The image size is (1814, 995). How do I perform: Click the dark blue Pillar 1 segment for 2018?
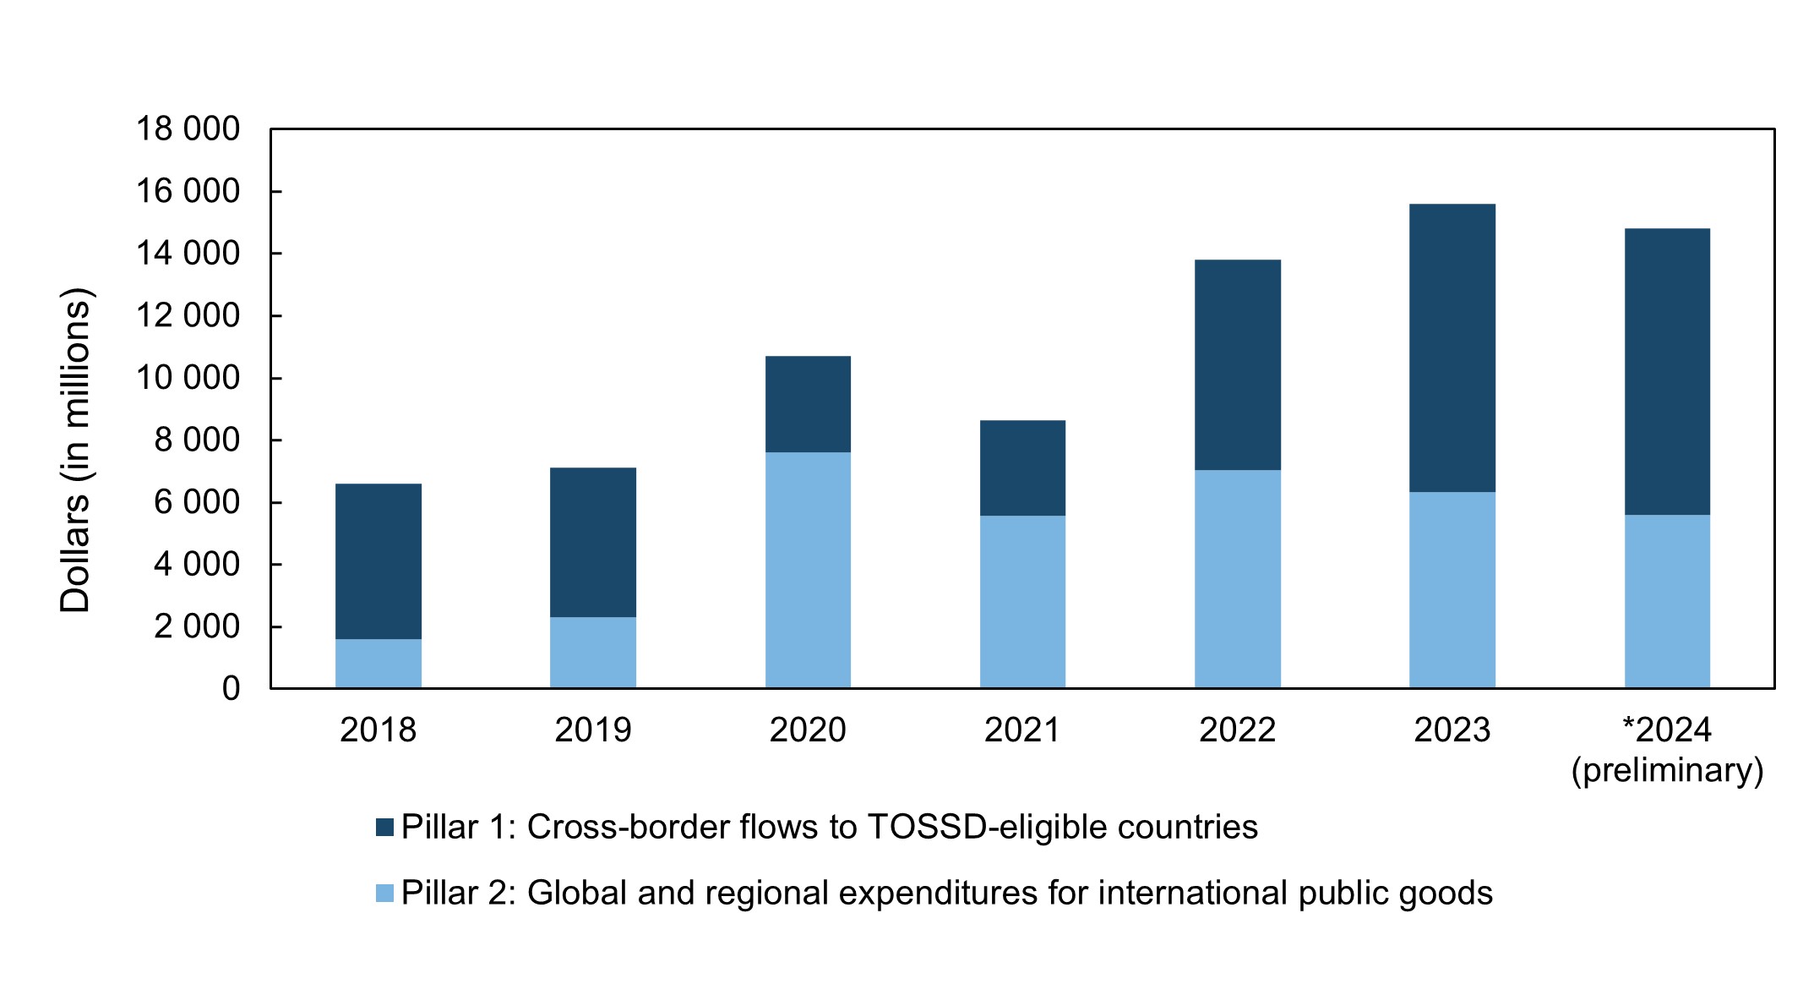click(x=379, y=561)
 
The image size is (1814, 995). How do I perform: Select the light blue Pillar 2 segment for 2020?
click(x=808, y=570)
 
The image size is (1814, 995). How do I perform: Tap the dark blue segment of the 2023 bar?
click(x=1452, y=348)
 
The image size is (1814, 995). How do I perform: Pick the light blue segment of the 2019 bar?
click(x=593, y=653)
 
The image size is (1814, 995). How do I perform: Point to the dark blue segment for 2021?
click(x=1022, y=468)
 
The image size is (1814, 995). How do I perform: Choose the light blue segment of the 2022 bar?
click(x=1238, y=579)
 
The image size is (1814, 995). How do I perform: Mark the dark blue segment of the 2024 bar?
click(x=1667, y=372)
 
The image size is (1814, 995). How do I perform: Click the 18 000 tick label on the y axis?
click(x=188, y=128)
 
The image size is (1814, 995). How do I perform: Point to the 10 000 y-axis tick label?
click(x=188, y=377)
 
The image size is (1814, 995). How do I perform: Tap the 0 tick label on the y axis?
click(x=232, y=688)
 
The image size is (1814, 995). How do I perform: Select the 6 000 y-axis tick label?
click(x=197, y=502)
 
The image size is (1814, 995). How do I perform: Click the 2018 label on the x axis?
click(x=379, y=730)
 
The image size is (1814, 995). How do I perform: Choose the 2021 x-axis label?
click(x=1022, y=730)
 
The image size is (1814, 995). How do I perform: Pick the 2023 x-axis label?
click(x=1452, y=730)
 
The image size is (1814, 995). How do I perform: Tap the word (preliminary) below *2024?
click(x=1667, y=770)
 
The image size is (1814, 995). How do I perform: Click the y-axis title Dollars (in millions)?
click(x=76, y=451)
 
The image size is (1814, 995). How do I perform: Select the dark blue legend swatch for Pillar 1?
click(x=384, y=827)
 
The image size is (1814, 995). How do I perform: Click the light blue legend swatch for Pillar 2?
click(x=384, y=893)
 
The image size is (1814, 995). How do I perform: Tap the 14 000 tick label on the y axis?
click(x=188, y=253)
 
